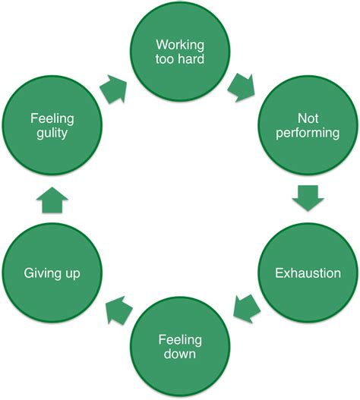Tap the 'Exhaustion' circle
tap(307, 272)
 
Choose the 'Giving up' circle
tap(52, 272)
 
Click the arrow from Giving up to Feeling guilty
tap(52, 200)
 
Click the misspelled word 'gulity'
tap(52, 135)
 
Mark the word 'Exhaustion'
tap(307, 272)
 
